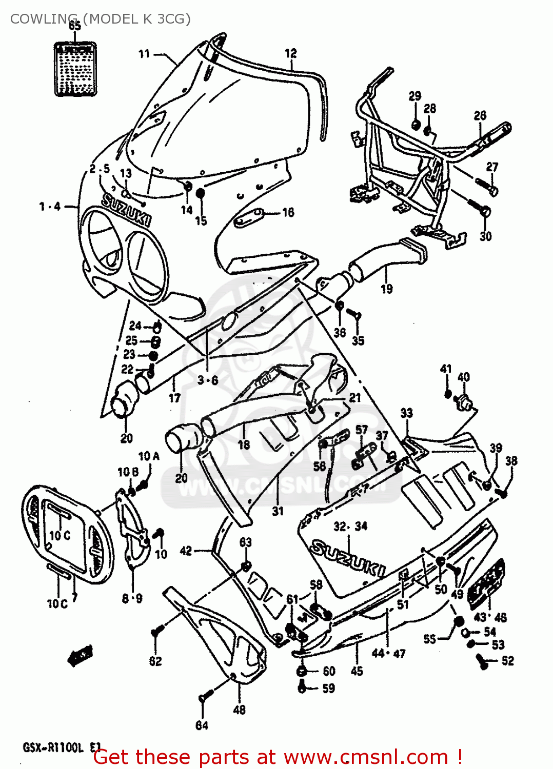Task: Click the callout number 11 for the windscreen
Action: point(144,54)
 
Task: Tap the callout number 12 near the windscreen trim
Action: point(291,53)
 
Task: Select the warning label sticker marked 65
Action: point(75,69)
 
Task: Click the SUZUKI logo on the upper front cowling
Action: point(126,209)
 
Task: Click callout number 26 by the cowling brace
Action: point(480,115)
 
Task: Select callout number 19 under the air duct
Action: point(387,289)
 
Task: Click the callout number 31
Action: point(278,511)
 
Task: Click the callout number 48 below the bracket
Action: point(239,710)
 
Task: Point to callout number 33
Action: point(406,413)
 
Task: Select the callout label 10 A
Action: point(149,456)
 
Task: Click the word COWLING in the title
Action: point(45,19)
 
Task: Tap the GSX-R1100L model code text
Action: point(53,747)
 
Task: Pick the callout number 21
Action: point(355,397)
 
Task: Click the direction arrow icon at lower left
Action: point(80,655)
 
